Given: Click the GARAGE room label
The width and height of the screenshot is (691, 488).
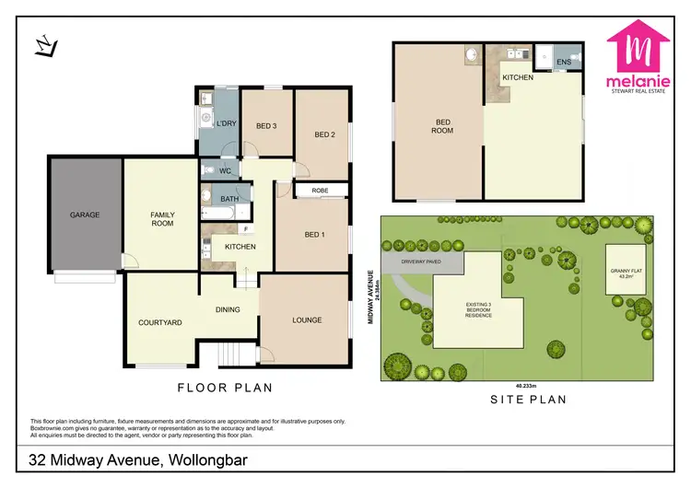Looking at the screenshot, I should (x=84, y=215).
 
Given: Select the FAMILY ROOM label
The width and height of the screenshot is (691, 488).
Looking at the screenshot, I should (x=162, y=219).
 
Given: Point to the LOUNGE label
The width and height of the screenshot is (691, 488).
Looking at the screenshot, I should (x=307, y=320).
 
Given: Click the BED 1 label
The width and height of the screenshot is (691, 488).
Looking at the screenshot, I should (x=314, y=234).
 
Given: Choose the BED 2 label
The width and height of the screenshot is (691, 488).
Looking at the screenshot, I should (x=323, y=134).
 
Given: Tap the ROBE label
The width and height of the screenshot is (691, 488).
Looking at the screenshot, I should (x=320, y=192).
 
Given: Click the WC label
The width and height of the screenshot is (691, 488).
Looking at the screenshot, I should (x=224, y=171).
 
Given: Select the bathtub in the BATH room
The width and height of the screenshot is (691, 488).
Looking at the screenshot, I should (x=217, y=213).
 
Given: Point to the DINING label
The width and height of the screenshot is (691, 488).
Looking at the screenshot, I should (x=228, y=310).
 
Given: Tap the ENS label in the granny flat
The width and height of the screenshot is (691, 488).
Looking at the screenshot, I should (x=563, y=63).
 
